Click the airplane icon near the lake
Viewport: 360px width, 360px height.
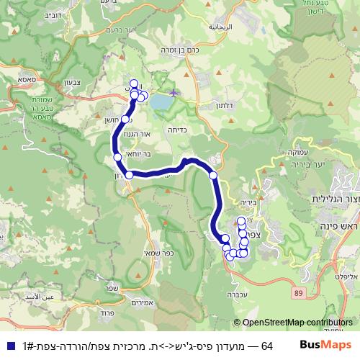(x=174, y=92)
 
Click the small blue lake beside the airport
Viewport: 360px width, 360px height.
(x=161, y=103)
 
